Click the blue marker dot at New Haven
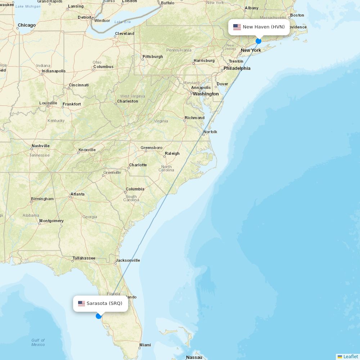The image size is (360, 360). pyautogui.click(x=258, y=41)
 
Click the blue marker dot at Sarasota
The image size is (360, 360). pyautogui.click(x=99, y=316)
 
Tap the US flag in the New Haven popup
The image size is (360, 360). pyautogui.click(x=237, y=27)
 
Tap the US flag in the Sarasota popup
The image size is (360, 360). pyautogui.click(x=81, y=303)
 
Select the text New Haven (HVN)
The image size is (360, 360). pyautogui.click(x=264, y=27)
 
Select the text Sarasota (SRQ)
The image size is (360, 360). pyautogui.click(x=104, y=303)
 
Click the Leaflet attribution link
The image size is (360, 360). pyautogui.click(x=350, y=356)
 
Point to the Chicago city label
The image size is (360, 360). pyautogui.click(x=27, y=25)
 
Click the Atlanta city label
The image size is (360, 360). pyautogui.click(x=77, y=194)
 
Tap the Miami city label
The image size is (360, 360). pyautogui.click(x=145, y=345)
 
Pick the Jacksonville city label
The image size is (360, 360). pyautogui.click(x=127, y=260)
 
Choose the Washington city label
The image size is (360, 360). pyautogui.click(x=206, y=94)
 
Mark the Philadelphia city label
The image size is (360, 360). pyautogui.click(x=237, y=68)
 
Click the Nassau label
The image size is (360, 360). pyautogui.click(x=194, y=357)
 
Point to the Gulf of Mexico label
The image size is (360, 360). pyautogui.click(x=38, y=342)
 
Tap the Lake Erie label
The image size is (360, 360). pyautogui.click(x=123, y=22)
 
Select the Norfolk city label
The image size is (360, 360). pyautogui.click(x=210, y=132)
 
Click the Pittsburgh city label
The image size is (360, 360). pyautogui.click(x=153, y=57)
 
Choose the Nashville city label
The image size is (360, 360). pyautogui.click(x=40, y=146)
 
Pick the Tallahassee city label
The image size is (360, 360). pyautogui.click(x=84, y=258)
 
